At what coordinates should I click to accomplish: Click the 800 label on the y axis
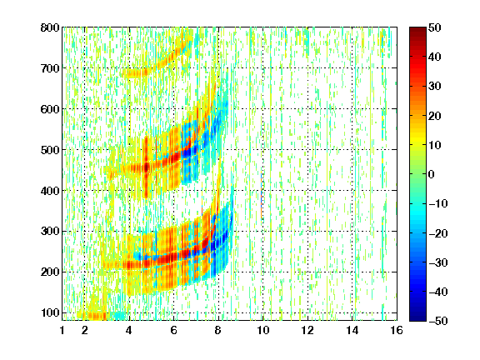coord(50,27)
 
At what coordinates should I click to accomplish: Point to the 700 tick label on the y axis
coord(50,68)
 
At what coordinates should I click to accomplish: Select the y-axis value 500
coord(50,150)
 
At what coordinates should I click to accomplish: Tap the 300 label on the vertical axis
coord(50,232)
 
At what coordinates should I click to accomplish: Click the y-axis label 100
coord(50,312)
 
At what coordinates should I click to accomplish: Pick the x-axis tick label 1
coord(62,330)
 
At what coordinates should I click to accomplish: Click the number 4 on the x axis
coord(129,330)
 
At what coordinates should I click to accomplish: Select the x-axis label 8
coord(218,330)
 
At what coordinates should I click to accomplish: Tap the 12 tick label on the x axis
coord(307,330)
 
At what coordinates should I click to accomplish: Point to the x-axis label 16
coord(397,330)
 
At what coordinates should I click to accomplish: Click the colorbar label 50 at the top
coord(434,27)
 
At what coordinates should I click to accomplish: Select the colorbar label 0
coord(432,174)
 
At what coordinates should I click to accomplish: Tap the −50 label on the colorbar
coord(438,321)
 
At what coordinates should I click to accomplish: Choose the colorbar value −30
coord(438,262)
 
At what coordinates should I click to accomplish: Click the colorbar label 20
coord(434,116)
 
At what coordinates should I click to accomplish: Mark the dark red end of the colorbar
coord(417,28)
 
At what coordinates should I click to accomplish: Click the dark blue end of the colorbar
coord(417,319)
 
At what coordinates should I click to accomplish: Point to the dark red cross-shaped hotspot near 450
coord(146,167)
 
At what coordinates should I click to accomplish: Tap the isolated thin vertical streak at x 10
coord(262,196)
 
